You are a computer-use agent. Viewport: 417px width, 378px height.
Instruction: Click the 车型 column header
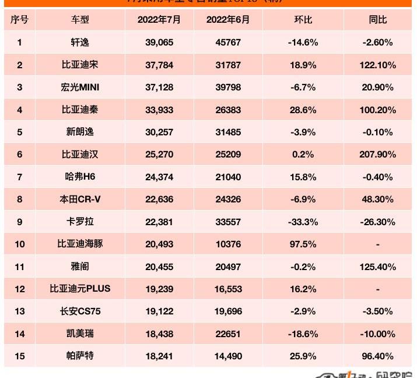(80, 20)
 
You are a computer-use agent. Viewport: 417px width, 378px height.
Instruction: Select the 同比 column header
(378, 20)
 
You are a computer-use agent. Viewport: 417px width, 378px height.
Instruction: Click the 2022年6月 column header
(228, 20)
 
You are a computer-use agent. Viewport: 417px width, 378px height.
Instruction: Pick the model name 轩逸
(80, 42)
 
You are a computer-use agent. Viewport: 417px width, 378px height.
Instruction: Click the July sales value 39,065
(159, 42)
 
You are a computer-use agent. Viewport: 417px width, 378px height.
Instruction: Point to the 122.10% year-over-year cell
(378, 65)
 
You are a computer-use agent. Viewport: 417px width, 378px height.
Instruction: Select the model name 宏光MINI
(80, 87)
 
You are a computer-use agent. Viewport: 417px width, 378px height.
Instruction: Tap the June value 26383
(228, 110)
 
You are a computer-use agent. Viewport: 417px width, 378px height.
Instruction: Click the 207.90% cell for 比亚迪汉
(378, 155)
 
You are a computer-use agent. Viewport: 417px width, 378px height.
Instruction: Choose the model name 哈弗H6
(80, 177)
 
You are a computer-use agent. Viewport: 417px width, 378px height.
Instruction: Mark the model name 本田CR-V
(80, 199)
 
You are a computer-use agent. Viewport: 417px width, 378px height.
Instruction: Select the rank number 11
(20, 267)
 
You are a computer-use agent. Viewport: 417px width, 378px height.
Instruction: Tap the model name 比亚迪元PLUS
(80, 289)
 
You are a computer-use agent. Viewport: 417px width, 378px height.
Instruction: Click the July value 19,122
(159, 311)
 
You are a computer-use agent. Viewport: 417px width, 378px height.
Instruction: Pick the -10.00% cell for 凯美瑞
(378, 334)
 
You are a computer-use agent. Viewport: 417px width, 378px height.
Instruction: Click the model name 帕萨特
(80, 356)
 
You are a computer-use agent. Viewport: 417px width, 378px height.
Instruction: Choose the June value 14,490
(228, 356)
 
